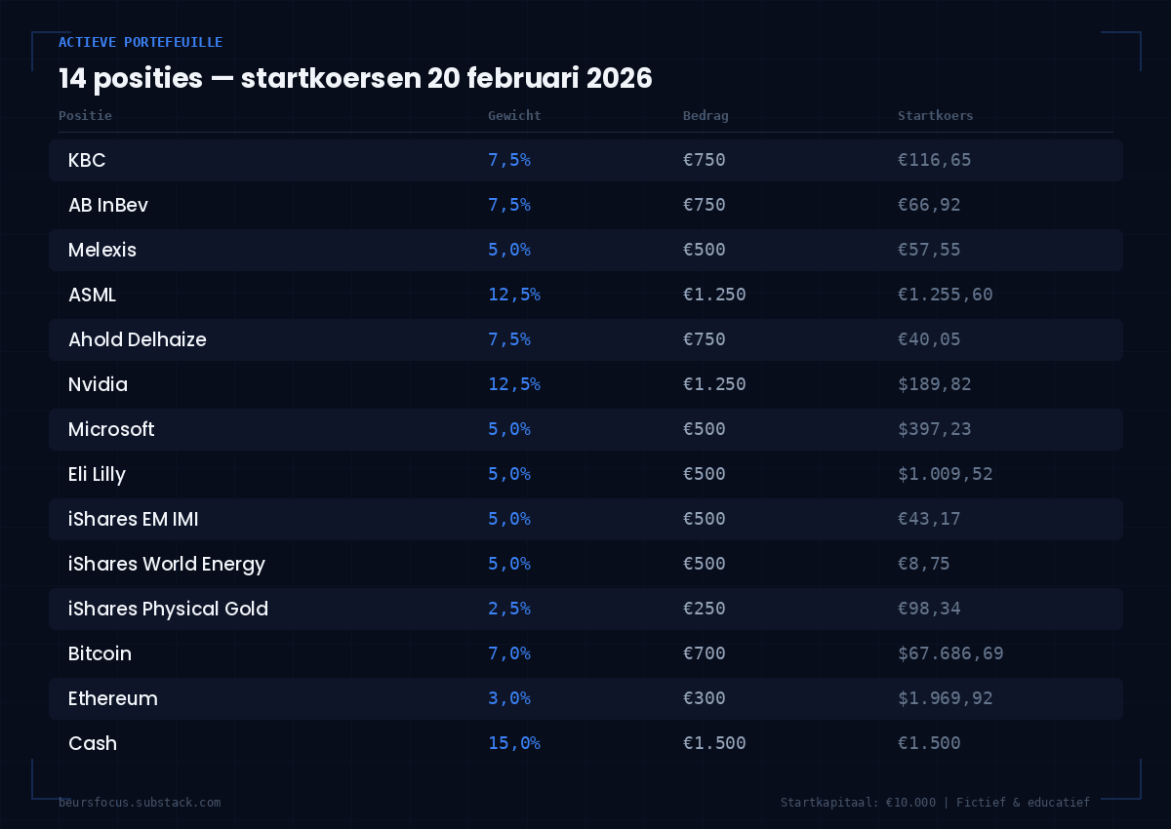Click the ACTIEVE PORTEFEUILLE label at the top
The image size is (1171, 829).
(141, 42)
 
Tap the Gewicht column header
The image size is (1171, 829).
(514, 115)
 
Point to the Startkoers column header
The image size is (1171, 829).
(935, 115)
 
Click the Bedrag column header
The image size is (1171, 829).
(706, 115)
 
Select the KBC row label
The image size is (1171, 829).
(87, 160)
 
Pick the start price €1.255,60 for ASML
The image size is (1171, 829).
(945, 295)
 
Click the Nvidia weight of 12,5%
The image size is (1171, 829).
(513, 384)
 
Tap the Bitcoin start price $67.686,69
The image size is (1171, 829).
(949, 653)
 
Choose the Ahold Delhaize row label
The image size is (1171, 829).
(137, 339)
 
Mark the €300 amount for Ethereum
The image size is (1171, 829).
(704, 698)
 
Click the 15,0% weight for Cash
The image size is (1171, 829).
(513, 743)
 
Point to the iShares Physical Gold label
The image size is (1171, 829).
(168, 609)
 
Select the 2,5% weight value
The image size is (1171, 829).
(508, 609)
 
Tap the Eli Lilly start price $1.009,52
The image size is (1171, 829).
(945, 474)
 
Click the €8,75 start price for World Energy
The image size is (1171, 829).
(923, 564)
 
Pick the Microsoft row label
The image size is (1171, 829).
(111, 429)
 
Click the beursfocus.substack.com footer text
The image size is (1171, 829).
(140, 802)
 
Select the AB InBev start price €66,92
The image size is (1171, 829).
(929, 205)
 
